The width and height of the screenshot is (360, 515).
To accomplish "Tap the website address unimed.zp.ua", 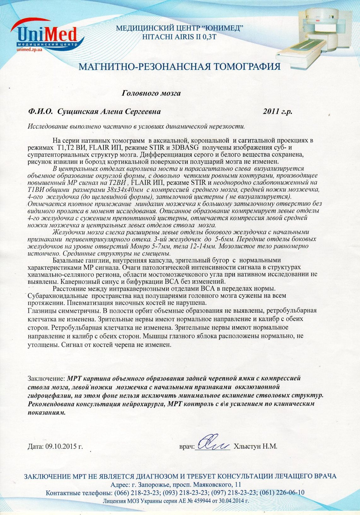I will (29, 50).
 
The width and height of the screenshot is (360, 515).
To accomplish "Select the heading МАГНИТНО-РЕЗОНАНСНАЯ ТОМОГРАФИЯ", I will (179, 67).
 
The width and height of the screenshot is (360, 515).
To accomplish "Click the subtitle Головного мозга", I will (151, 93).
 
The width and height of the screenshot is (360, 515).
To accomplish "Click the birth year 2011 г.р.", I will (277, 112).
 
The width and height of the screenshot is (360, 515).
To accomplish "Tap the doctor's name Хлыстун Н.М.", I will (255, 446).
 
